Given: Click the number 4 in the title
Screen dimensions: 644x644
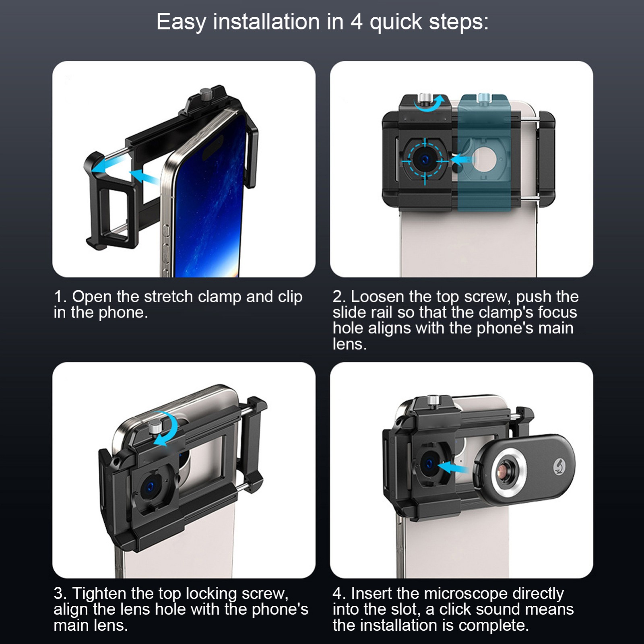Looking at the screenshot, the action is [x=357, y=22].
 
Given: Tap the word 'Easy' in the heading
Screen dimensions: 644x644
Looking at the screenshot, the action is [x=181, y=23].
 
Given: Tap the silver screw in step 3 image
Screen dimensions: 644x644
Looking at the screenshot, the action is [x=155, y=427].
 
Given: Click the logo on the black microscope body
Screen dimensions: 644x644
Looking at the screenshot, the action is [x=559, y=466].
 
